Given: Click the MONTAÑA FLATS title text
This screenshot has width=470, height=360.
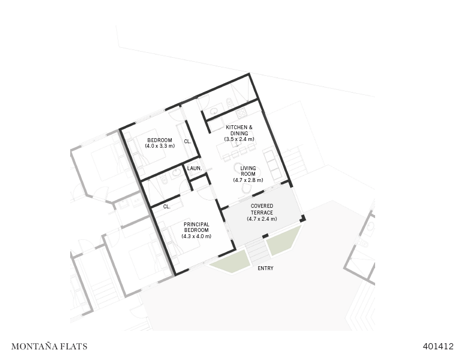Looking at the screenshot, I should tap(49, 347).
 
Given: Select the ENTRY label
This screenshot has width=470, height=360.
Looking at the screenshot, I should tap(266, 268).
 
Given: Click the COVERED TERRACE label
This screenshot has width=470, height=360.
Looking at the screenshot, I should tap(262, 209).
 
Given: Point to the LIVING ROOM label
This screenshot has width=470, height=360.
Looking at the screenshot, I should tap(248, 171).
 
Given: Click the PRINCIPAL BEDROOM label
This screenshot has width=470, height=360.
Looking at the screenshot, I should tap(197, 227).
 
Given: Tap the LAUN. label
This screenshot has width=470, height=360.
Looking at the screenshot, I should tap(194, 168).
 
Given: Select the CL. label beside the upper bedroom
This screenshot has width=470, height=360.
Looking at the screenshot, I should tap(188, 142).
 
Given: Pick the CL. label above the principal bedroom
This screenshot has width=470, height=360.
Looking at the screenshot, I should tap(167, 207).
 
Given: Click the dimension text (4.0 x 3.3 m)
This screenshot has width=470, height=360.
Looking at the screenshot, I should tap(159, 146).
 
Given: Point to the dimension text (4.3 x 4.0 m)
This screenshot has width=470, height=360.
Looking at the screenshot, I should tap(197, 236).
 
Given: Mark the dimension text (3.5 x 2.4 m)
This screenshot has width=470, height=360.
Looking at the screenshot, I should tap(239, 139).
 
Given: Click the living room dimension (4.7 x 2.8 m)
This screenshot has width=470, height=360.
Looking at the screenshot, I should tap(248, 180).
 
